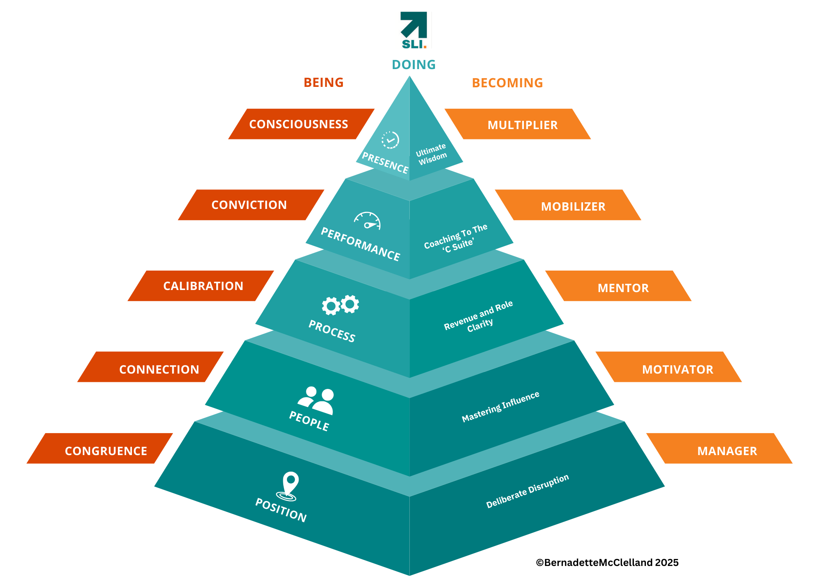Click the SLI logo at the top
click(x=414, y=31)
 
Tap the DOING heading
click(x=413, y=65)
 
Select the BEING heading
click(x=323, y=83)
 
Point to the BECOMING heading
click(x=507, y=83)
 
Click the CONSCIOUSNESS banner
click(x=299, y=124)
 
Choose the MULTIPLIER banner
click(x=522, y=125)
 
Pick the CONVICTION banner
click(x=249, y=205)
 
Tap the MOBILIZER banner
click(x=573, y=206)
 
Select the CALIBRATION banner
click(x=203, y=286)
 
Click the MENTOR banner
click(x=623, y=288)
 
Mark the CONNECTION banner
click(x=159, y=369)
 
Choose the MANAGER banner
click(x=727, y=451)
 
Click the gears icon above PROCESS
click(x=340, y=305)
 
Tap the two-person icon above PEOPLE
click(x=316, y=400)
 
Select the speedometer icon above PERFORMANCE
click(x=367, y=221)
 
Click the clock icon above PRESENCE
click(x=390, y=140)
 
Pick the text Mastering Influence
click(x=500, y=407)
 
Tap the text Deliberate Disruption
click(x=527, y=491)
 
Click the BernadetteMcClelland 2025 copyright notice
click(x=607, y=562)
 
